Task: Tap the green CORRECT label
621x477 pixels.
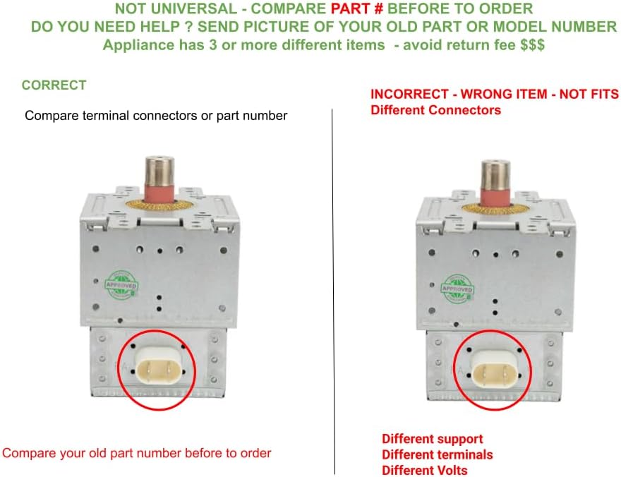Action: (54, 85)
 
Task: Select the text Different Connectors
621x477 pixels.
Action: (435, 110)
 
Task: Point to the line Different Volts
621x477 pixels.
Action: (424, 470)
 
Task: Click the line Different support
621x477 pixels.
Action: (432, 439)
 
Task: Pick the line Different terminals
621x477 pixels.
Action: (437, 454)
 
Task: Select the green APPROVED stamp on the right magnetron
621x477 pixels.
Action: (457, 286)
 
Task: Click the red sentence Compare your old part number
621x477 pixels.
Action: (137, 453)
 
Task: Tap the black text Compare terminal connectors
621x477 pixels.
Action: (155, 115)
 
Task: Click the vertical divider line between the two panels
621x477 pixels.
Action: (333, 282)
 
